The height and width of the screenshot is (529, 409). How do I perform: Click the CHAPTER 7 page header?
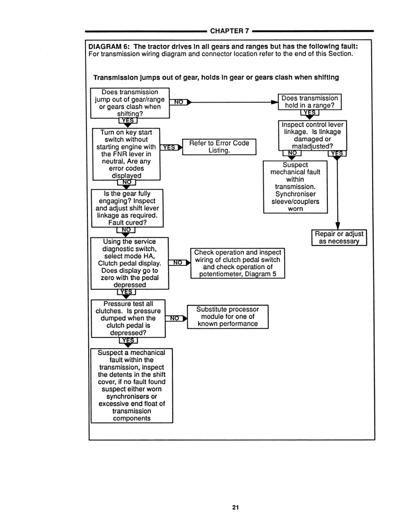(x=229, y=31)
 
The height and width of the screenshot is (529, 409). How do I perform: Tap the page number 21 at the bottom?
(x=236, y=507)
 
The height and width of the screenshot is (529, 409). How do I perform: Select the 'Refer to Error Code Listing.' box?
(x=219, y=147)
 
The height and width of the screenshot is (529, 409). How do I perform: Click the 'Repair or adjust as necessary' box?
(x=339, y=238)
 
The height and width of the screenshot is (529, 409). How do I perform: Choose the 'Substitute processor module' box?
(x=227, y=317)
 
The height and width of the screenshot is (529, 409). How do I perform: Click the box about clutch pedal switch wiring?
(x=237, y=263)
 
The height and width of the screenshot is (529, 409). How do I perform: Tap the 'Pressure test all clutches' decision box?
(x=128, y=318)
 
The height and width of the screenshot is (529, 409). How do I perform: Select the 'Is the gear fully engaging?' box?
(x=127, y=208)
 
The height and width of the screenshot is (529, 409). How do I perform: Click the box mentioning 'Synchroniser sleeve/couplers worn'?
(x=295, y=187)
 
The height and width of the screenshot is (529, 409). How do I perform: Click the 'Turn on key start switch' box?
(x=126, y=154)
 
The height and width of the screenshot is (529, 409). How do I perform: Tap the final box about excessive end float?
(x=131, y=385)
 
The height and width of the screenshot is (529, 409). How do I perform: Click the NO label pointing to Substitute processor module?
(x=175, y=318)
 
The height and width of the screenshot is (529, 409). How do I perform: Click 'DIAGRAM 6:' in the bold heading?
(x=109, y=47)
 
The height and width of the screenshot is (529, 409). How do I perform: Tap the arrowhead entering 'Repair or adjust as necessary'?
(x=339, y=227)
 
